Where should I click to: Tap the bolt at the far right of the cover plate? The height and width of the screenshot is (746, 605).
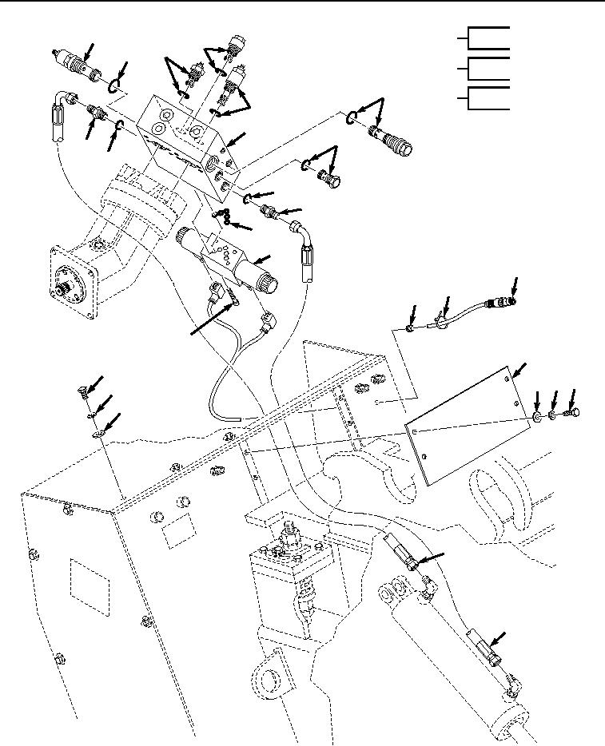[573, 413]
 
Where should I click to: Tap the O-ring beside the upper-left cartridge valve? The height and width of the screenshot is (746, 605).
[117, 83]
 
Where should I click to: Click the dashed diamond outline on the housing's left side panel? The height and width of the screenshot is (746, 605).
[88, 587]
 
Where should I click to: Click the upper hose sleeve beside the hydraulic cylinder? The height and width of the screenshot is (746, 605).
[400, 552]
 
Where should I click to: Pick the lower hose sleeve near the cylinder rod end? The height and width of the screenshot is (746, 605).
[483, 648]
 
